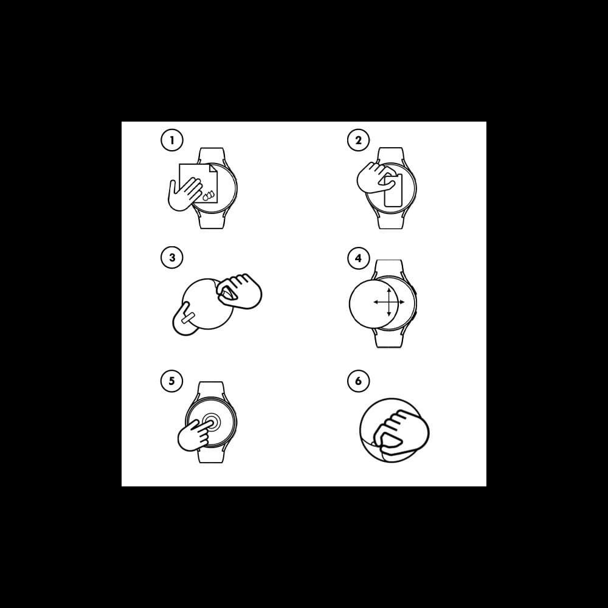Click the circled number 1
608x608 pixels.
pyautogui.click(x=172, y=140)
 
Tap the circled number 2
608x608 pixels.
pyautogui.click(x=358, y=140)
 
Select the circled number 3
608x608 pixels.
pyautogui.click(x=172, y=257)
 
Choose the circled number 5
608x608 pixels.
pyautogui.click(x=172, y=381)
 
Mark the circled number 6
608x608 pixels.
pyautogui.click(x=358, y=381)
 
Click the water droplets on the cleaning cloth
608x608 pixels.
pyautogui.click(x=209, y=195)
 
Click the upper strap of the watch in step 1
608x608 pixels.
pyautogui.click(x=212, y=156)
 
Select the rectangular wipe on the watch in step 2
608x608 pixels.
pyautogui.click(x=393, y=190)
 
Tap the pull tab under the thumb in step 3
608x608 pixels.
pyautogui.click(x=188, y=319)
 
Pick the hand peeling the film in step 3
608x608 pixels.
pyautogui.click(x=239, y=291)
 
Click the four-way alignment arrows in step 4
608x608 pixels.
pyautogui.click(x=389, y=302)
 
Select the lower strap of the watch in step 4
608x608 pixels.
pyautogui.click(x=389, y=338)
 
